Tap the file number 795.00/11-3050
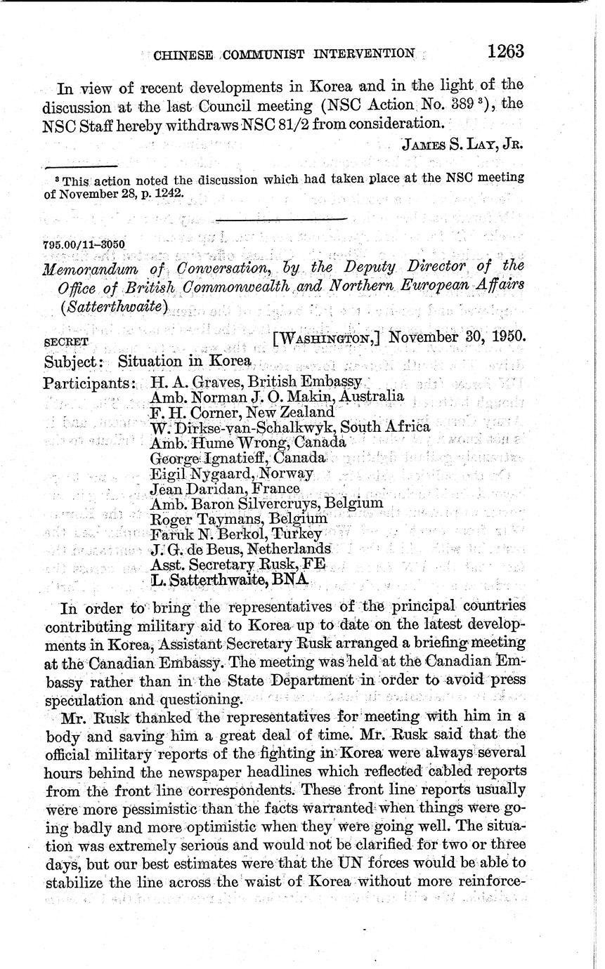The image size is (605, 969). coord(84,244)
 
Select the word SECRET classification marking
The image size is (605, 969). coord(66,342)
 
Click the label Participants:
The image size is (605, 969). coord(90,383)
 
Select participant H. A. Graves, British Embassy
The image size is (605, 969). coord(256,383)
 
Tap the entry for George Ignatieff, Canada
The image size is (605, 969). coord(238,457)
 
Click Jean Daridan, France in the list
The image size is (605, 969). coord(225,489)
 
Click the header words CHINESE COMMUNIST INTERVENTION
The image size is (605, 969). coord(284,53)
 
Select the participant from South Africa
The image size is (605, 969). coord(290,427)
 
